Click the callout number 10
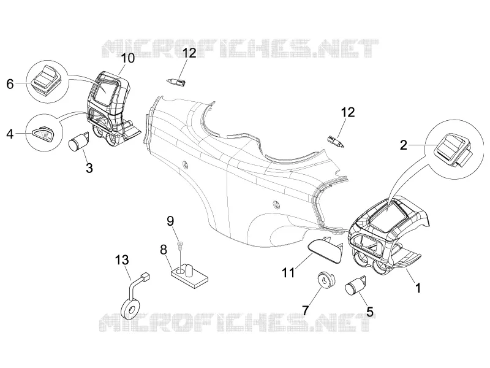[128, 58]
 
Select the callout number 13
[122, 259]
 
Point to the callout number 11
[288, 272]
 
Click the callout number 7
[305, 310]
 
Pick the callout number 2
[404, 145]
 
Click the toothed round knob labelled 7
[326, 279]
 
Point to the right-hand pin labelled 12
[336, 142]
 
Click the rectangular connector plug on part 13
[145, 277]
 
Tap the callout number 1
[417, 288]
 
